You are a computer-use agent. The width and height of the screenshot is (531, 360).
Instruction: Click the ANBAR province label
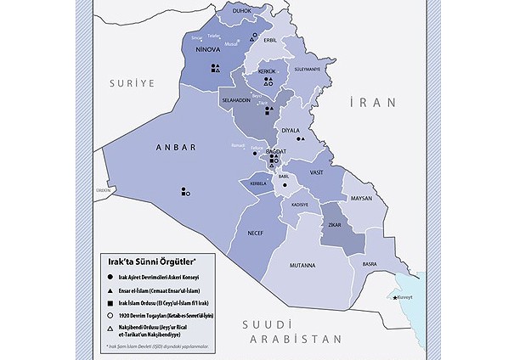[176, 147]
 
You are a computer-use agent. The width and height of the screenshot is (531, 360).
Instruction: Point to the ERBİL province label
[271, 39]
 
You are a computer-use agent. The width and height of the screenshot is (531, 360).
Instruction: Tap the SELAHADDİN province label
[236, 100]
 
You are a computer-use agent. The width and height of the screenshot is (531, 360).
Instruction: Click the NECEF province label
[255, 231]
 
